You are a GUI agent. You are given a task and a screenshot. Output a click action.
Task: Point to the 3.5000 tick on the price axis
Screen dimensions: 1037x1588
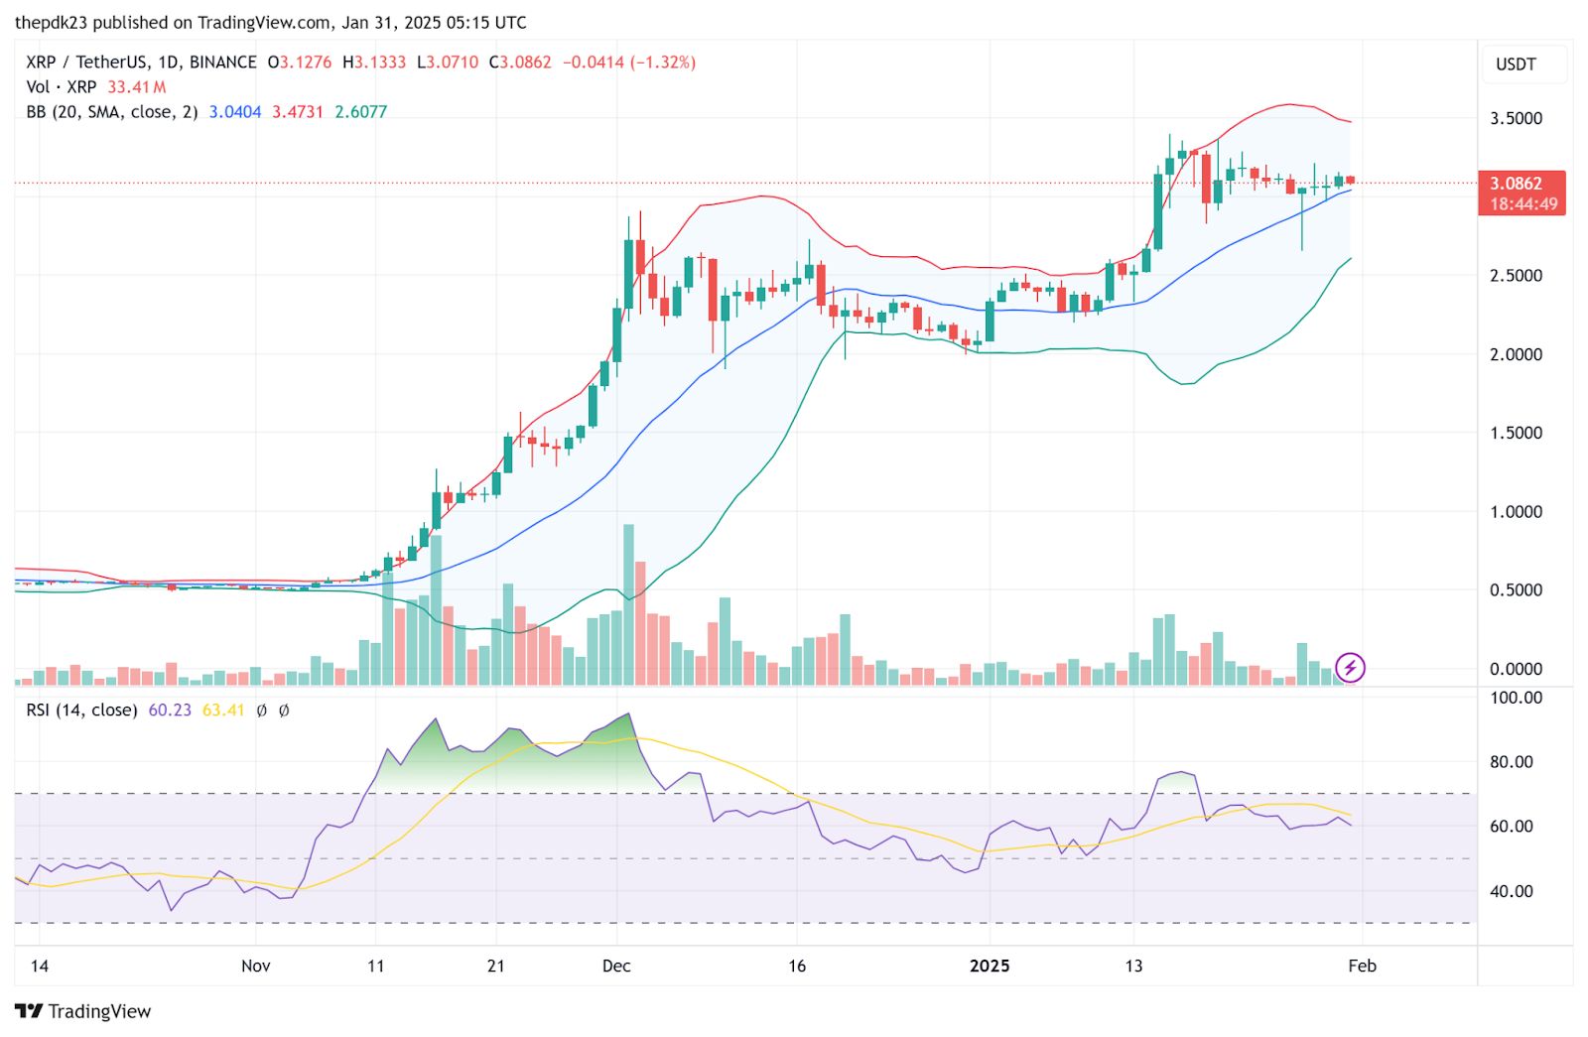[1516, 118]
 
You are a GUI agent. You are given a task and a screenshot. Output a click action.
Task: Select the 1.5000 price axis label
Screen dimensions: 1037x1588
[1516, 433]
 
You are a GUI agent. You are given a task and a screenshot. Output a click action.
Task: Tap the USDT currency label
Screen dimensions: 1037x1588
[1516, 65]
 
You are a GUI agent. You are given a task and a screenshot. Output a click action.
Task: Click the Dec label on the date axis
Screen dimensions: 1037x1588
[616, 966]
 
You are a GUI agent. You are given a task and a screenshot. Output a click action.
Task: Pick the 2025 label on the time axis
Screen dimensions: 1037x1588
[990, 966]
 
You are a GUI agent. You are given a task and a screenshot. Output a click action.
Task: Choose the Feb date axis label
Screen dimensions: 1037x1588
[1362, 966]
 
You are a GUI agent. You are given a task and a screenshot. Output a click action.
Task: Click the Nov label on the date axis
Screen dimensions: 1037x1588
[255, 966]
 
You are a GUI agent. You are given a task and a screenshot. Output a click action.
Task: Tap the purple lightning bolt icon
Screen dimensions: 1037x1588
[1350, 668]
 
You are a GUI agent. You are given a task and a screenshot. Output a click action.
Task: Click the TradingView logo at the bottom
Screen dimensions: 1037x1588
[83, 1011]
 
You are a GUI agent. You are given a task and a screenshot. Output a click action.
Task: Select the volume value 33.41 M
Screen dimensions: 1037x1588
[137, 87]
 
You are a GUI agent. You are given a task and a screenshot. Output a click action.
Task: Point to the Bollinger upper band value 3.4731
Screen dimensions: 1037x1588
[298, 112]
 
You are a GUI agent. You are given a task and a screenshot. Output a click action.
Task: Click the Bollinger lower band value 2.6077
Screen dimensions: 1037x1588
[361, 112]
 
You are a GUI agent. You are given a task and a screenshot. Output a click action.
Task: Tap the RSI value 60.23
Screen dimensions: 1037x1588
[170, 711]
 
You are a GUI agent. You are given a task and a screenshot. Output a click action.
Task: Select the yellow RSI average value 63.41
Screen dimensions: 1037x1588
[223, 711]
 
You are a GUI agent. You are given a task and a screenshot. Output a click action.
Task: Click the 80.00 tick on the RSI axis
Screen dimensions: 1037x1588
[1512, 762]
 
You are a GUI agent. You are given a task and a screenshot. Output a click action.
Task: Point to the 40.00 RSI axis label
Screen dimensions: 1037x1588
[1512, 891]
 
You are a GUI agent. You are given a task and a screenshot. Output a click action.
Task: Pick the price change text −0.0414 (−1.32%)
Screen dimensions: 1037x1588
[629, 63]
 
